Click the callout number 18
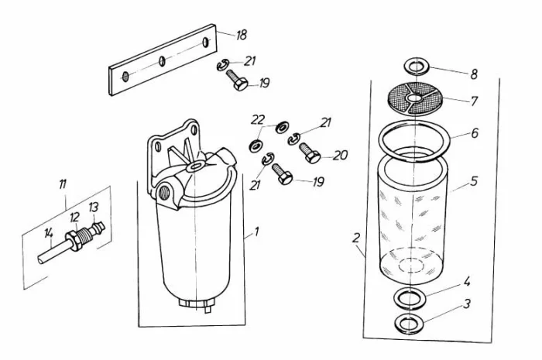pos(242,35)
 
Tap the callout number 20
pos(340,156)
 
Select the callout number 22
pos(258,120)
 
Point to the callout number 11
pos(62,184)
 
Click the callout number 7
pos(474,101)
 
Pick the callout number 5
pos(474,180)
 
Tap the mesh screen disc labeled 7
pos(414,98)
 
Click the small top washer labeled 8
pos(417,66)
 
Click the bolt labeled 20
pos(310,153)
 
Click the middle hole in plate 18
pos(162,61)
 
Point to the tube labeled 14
pos(54,252)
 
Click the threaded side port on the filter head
pos(164,193)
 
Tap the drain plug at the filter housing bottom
pos(195,304)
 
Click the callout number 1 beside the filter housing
pos(256,231)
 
